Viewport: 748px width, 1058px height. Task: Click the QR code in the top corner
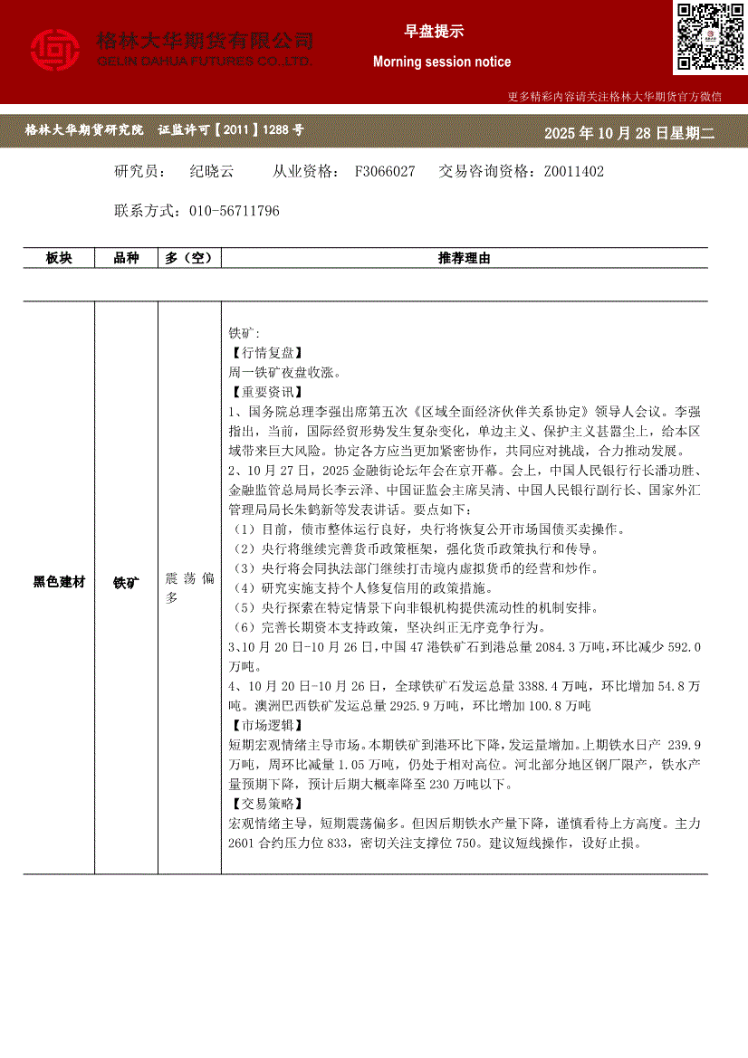[x=709, y=36]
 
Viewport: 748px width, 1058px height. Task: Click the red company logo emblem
[x=55, y=49]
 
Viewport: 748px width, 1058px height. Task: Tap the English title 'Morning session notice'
[x=442, y=62]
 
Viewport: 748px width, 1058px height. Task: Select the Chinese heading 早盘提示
[x=434, y=31]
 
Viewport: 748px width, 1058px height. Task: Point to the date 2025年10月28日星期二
[x=629, y=133]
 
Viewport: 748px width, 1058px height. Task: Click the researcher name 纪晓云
[x=211, y=171]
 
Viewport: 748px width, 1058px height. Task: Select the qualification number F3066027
[x=385, y=171]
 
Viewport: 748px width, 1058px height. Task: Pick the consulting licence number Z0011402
[x=573, y=171]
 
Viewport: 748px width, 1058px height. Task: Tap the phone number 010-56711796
[x=235, y=211]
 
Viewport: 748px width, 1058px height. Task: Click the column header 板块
[x=59, y=258]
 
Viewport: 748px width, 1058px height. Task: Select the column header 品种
[x=126, y=258]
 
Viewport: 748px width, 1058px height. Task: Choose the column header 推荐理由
[x=464, y=258]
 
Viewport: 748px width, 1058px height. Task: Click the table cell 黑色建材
[x=59, y=583]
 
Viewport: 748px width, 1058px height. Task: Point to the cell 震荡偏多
[x=189, y=587]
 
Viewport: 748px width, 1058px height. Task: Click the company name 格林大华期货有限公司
[x=205, y=41]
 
